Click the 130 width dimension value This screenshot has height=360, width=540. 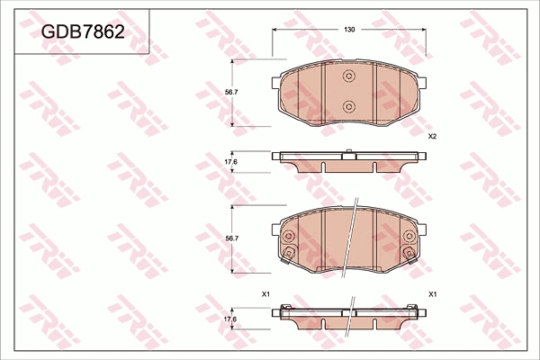pyautogui.click(x=349, y=30)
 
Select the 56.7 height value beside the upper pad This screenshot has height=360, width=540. pyautogui.click(x=232, y=92)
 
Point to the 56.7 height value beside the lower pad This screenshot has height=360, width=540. pyautogui.click(x=232, y=238)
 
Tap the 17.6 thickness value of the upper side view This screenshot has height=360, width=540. pyautogui.click(x=230, y=162)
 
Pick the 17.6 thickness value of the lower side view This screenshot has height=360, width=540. pyautogui.click(x=230, y=319)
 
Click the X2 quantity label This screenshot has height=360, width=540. pyautogui.click(x=432, y=136)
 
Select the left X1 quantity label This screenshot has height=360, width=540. pyautogui.click(x=265, y=294)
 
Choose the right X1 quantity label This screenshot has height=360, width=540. pyautogui.click(x=433, y=294)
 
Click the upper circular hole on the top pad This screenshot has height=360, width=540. pyautogui.click(x=349, y=77)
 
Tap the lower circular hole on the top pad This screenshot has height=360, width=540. pyautogui.click(x=349, y=107)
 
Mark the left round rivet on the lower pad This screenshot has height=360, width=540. pyautogui.click(x=290, y=238)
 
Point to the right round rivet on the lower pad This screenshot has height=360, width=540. pyautogui.click(x=410, y=238)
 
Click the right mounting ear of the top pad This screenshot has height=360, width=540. pyautogui.click(x=424, y=85)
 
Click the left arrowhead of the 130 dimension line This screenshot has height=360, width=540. pyautogui.click(x=275, y=30)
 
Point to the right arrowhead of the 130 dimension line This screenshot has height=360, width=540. pyautogui.click(x=424, y=30)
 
